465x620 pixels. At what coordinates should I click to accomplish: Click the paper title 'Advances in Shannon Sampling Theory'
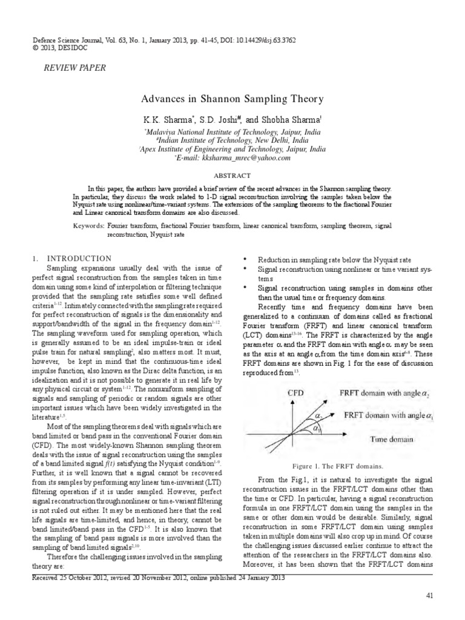232,99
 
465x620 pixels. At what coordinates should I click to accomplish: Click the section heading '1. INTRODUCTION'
71,259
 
